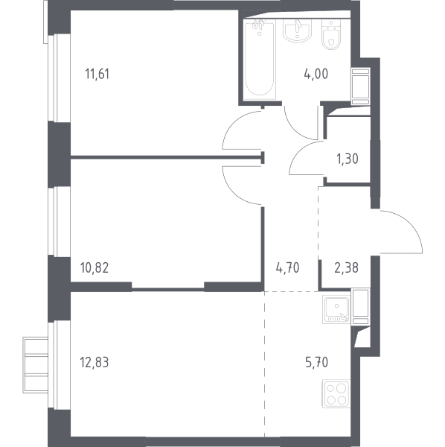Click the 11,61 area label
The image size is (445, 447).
click(97, 74)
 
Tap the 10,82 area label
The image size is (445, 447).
click(95, 268)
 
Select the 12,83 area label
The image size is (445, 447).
click(95, 363)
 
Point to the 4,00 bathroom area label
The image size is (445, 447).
click(316, 74)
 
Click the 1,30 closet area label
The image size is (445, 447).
click(348, 159)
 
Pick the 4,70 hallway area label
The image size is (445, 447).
click(287, 268)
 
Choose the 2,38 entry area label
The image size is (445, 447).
click(346, 268)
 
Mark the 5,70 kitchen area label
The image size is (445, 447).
click(316, 363)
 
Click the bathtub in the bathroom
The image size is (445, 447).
click(260, 59)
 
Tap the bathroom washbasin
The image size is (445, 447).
click(297, 31)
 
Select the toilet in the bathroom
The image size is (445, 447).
click(331, 34)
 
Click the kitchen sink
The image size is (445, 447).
click(336, 309)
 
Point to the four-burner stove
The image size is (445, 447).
click(336, 393)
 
